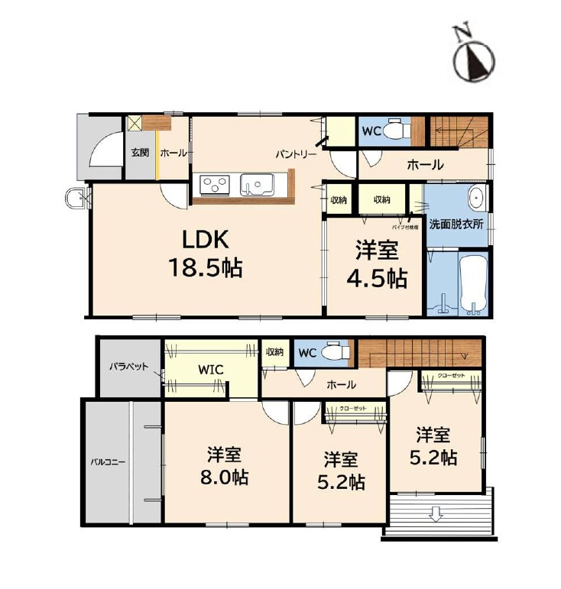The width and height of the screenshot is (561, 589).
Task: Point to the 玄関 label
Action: [139, 152]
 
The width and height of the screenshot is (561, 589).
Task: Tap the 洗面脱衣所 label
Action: [456, 225]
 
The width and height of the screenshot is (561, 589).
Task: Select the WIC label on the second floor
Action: [210, 370]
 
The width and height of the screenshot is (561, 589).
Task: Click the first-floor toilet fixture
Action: [394, 131]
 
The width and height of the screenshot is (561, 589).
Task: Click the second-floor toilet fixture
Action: [334, 352]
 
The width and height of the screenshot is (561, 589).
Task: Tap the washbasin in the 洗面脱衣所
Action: [475, 198]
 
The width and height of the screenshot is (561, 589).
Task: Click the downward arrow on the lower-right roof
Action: [436, 514]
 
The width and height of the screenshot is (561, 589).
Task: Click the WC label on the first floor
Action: [371, 131]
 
